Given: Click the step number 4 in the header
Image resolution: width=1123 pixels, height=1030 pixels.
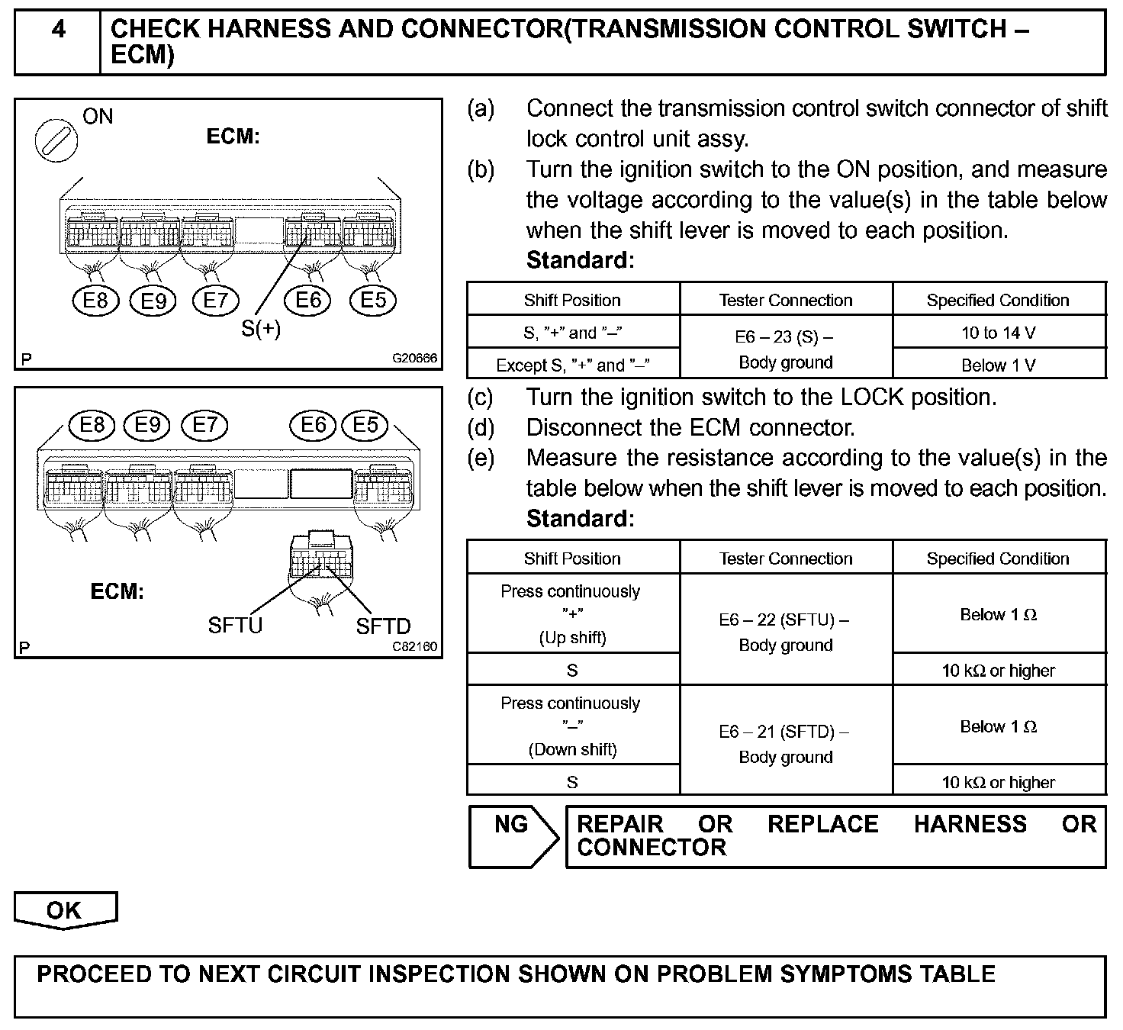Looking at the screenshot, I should [58, 30].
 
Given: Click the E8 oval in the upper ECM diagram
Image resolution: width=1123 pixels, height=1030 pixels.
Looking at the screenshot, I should [95, 301].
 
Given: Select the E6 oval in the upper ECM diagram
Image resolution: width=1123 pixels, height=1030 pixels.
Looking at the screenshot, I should [308, 301].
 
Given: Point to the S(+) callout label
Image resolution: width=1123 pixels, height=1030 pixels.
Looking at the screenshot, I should [261, 329].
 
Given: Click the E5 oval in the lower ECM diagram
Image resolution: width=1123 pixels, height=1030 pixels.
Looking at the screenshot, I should [365, 424].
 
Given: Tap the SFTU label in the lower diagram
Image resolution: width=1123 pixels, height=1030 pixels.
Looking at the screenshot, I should [235, 626].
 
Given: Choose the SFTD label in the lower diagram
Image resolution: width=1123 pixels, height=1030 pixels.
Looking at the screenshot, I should [383, 626].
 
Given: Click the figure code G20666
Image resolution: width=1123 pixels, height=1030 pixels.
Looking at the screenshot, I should [415, 357].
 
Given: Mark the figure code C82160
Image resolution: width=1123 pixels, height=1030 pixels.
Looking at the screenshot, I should [415, 646].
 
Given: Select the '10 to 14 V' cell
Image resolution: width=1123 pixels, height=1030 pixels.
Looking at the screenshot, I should [998, 333].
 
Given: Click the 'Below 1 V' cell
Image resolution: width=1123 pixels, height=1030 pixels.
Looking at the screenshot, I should [998, 365].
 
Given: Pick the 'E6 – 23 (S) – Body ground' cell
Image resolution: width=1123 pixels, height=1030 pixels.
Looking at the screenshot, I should [785, 349].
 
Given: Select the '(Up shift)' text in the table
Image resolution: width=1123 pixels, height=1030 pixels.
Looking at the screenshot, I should [572, 638].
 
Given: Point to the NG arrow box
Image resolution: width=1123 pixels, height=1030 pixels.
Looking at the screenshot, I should [512, 836].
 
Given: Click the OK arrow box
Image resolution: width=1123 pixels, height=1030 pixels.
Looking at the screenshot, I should [65, 910].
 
